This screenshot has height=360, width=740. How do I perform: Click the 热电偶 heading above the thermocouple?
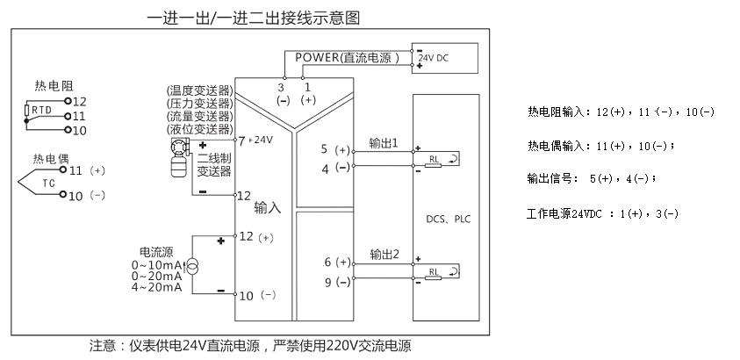(x=51, y=159)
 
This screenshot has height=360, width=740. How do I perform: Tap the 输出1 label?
(x=384, y=142)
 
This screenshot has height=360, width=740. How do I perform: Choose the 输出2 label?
(x=384, y=255)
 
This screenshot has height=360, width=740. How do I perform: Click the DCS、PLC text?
(x=446, y=220)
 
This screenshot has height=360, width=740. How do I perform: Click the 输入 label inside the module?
(x=267, y=208)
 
